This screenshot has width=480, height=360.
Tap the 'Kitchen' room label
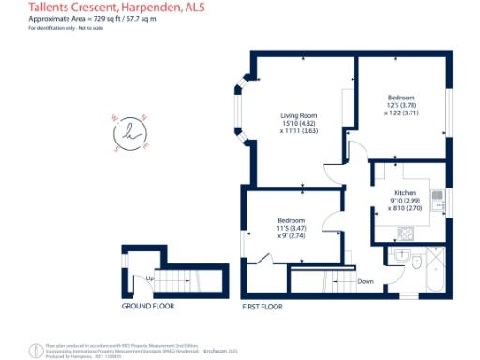coord(404,191)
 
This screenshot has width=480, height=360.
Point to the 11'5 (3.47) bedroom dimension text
coord(290,228)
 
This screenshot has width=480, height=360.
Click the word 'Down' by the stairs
coord(366,281)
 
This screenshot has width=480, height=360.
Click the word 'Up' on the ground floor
coord(149,278)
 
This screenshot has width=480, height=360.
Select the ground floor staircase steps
coord(172,280)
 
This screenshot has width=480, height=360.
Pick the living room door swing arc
coord(356,150)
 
